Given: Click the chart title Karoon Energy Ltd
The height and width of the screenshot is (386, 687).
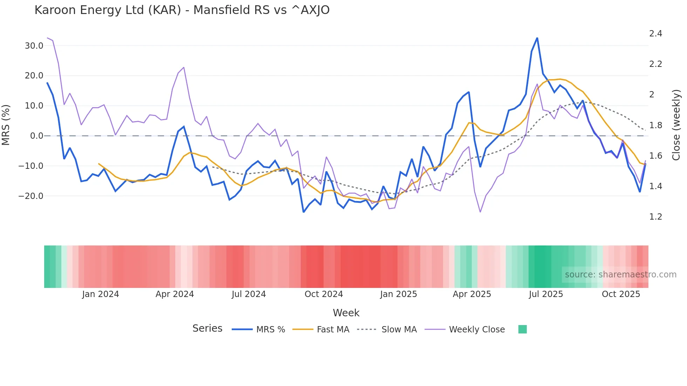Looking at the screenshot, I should pos(182,10).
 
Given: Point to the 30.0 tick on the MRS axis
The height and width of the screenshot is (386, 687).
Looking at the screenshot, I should pos(34,46).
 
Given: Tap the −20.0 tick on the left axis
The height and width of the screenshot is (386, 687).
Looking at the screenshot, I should pos(31,196).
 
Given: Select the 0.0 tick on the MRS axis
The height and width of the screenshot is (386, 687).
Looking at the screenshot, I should pos(36,136).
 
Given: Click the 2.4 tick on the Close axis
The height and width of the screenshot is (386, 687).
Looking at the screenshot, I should pos(655,34).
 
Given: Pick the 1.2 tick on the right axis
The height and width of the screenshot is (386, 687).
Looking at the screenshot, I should pos(655,217).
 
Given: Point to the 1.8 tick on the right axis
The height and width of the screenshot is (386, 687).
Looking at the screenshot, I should pos(655,125).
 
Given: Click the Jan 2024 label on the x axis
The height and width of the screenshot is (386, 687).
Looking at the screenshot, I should pos(101,294).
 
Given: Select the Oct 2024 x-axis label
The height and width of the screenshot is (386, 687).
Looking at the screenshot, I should pos(324,294).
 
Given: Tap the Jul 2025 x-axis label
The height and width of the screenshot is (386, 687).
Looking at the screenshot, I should pos(546,294).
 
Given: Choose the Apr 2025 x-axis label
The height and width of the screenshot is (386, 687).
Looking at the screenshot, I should pos(472,294).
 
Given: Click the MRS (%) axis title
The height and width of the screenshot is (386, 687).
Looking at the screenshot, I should pos(6,125).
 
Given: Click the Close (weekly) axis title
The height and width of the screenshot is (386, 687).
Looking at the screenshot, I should pos(676,125).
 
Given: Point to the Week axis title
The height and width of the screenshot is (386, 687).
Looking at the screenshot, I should pos(346,313).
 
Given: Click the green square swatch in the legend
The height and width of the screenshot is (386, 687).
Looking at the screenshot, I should pos(522,329).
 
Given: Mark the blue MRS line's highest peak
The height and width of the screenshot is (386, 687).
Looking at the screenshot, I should pos(537,38).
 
